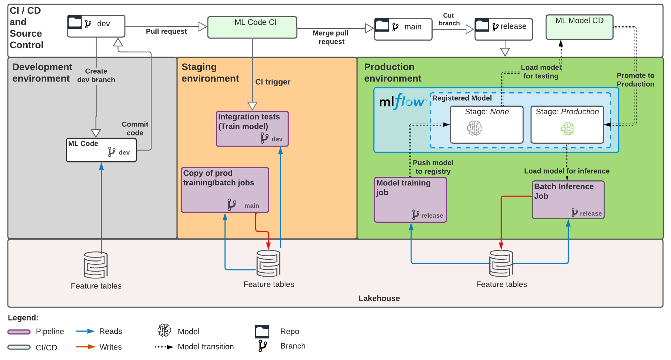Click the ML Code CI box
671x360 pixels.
pos(252,27)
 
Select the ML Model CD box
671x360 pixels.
pos(579,27)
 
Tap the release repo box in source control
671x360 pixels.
pos(503,29)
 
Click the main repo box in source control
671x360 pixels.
pos(403,29)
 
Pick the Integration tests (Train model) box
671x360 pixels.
pos(252,129)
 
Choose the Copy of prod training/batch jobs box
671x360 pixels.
pos(225,190)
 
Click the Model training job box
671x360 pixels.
pos(410,199)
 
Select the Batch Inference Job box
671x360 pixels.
pos(568,199)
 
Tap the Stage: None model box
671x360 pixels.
pos(486,124)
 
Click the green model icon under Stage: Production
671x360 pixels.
pos(568,129)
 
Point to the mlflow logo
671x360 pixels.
pos(402,102)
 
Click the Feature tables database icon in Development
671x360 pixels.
pos(95,265)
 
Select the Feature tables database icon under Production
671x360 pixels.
pos(501,264)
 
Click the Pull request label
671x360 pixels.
pos(166,32)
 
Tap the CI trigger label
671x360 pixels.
pos(272,82)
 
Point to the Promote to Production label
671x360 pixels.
pos(635,80)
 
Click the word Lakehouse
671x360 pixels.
pos(379,298)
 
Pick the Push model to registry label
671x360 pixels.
pos(433,167)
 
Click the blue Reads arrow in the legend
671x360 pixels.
pos(85,331)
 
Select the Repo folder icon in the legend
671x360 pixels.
pos(262,331)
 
